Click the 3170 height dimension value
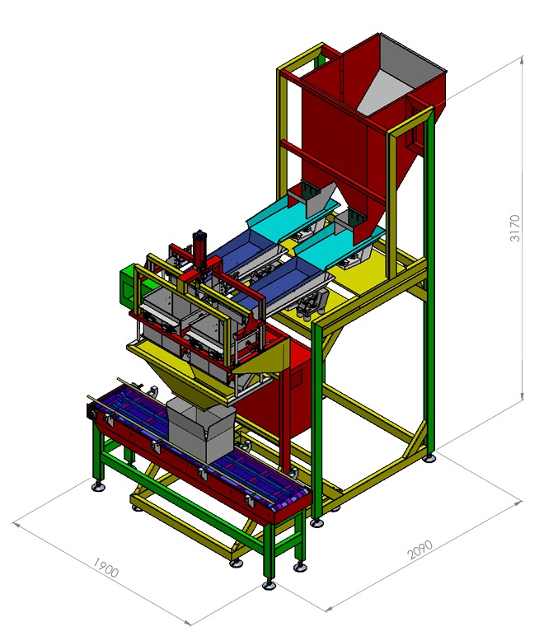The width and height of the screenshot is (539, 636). [x=514, y=228]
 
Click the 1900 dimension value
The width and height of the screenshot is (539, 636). [x=105, y=567]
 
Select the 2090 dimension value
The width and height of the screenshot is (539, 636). [x=419, y=549]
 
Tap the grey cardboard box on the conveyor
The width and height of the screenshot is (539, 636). [x=201, y=429]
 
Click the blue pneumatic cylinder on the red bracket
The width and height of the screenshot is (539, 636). [x=199, y=247]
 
